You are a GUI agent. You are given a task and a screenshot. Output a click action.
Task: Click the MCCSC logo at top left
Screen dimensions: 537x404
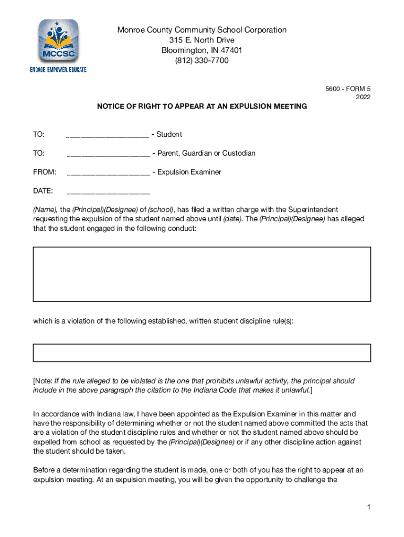coord(58,42)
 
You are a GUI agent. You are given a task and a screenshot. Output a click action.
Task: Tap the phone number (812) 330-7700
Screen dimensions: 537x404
coord(202,61)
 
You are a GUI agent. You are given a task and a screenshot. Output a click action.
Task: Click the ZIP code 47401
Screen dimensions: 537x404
coord(231,50)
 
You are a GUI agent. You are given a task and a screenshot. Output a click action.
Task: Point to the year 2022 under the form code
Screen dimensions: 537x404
coord(363,97)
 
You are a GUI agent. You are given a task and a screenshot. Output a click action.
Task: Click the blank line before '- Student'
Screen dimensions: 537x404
coord(108,135)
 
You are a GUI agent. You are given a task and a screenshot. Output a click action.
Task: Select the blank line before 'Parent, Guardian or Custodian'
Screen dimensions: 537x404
coord(108,154)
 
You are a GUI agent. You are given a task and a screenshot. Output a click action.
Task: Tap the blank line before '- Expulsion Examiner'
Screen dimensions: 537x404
coord(108,173)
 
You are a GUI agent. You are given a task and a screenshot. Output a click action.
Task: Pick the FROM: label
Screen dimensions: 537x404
coord(45,172)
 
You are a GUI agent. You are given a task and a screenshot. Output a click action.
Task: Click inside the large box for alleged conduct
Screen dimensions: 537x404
coord(202,274)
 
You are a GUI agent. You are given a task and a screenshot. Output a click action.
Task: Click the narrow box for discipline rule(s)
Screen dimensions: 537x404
coord(202,352)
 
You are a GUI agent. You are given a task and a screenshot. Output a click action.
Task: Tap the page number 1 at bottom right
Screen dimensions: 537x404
coord(369,507)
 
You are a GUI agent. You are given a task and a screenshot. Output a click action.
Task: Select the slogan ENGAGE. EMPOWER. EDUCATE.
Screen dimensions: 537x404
coord(58,69)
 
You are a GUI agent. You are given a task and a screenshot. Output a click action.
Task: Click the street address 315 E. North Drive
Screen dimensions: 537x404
coord(202,40)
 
